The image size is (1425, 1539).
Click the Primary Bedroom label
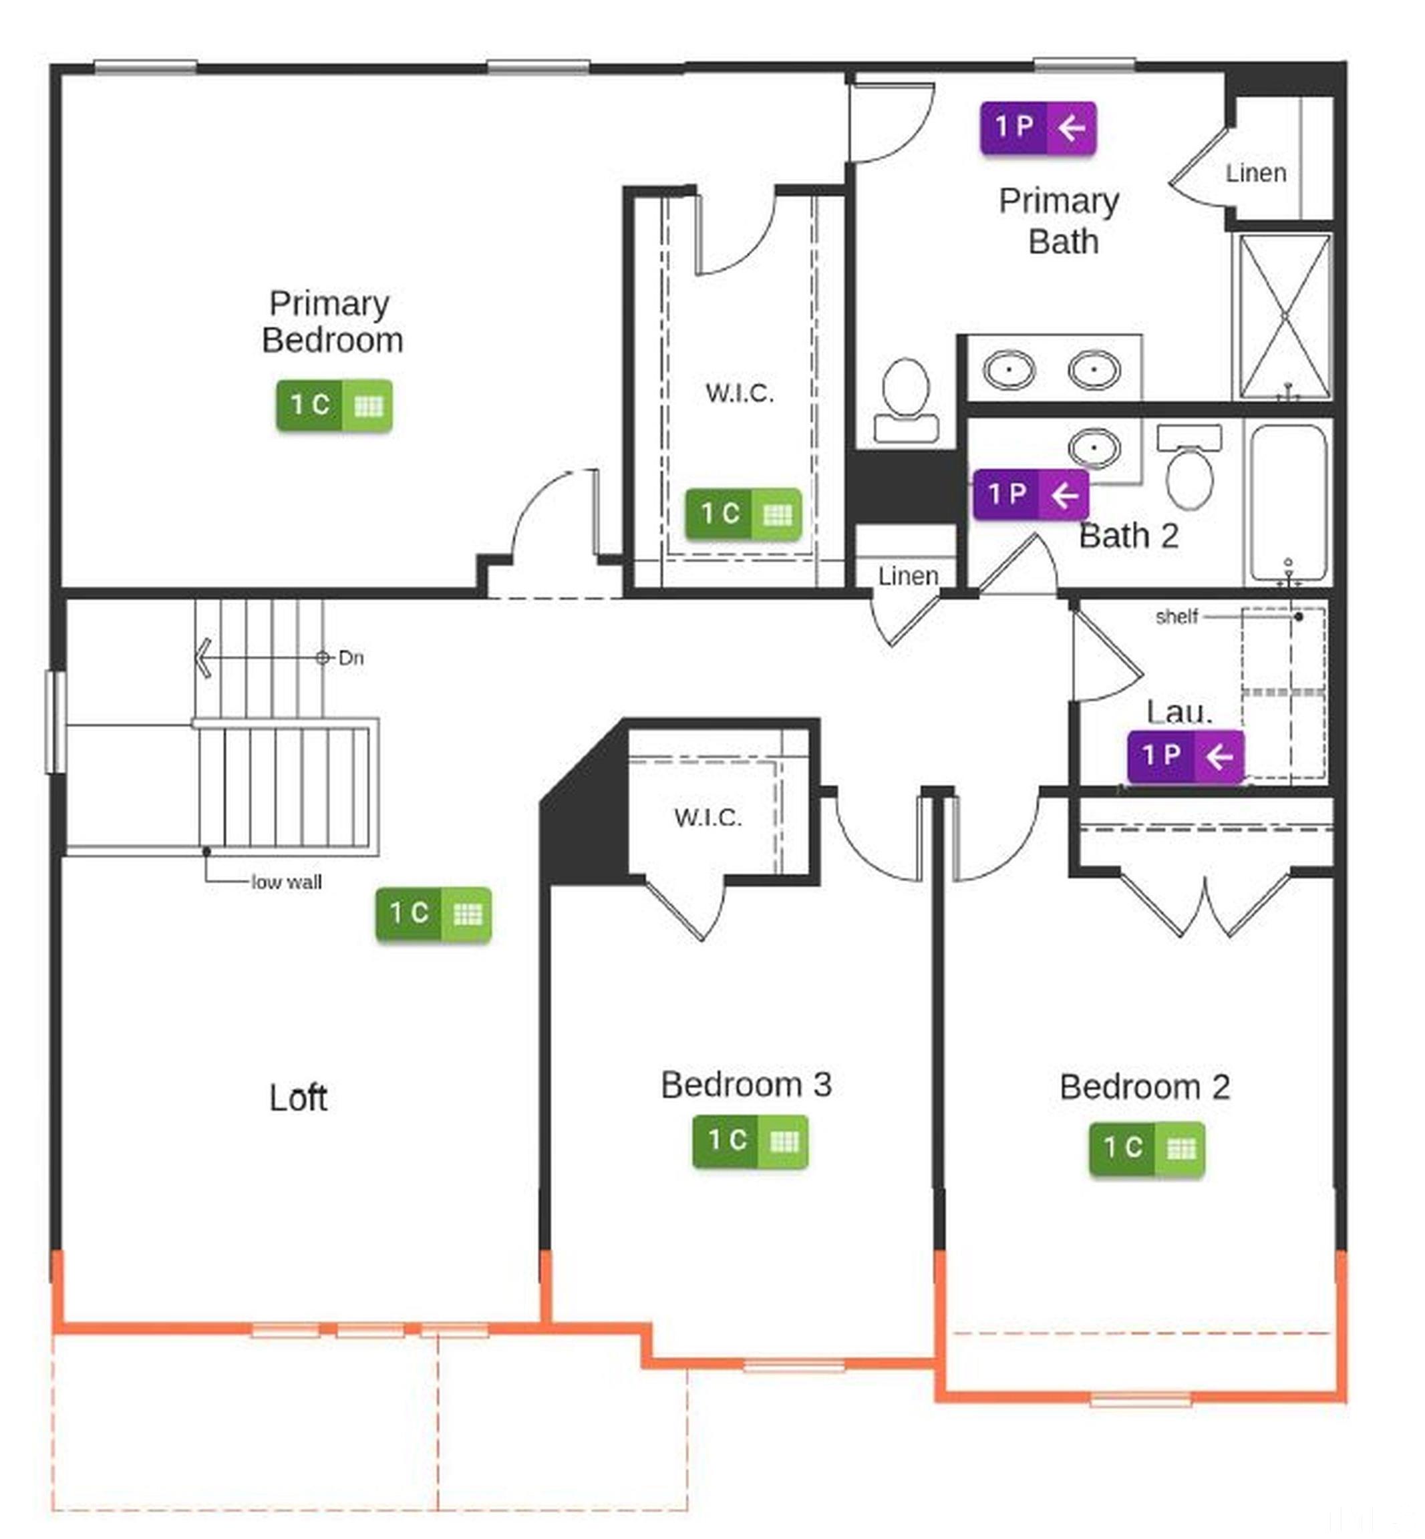(x=331, y=321)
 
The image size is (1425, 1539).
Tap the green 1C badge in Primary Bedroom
(x=334, y=405)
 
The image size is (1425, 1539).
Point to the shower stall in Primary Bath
(x=1284, y=316)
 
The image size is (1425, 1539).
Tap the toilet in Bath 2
(x=1190, y=468)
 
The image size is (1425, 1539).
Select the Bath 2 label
(x=1128, y=536)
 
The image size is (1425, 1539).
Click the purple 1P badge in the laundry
(x=1185, y=755)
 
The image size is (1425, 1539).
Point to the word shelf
(x=1176, y=616)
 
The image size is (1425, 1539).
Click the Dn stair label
(x=351, y=658)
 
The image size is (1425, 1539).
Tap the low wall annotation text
(x=287, y=882)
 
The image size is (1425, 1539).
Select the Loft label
(x=299, y=1097)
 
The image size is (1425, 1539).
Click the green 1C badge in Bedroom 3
(x=750, y=1140)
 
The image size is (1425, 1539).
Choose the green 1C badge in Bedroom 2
(x=1146, y=1148)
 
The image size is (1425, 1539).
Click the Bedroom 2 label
(x=1144, y=1087)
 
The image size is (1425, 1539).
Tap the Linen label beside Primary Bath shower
(x=1255, y=174)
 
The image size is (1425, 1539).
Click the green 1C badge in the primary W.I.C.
(x=744, y=514)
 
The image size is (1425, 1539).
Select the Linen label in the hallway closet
(x=908, y=575)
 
